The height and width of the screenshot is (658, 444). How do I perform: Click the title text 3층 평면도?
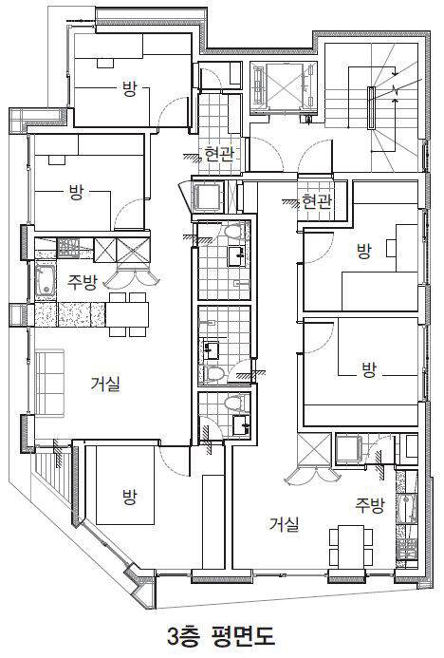pyautogui.click(x=221, y=636)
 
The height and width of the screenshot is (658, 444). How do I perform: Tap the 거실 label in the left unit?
pyautogui.click(x=105, y=384)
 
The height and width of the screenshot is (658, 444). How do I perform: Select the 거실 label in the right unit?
pyautogui.click(x=285, y=524)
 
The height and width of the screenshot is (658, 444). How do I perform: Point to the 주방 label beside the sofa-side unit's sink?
pyautogui.click(x=83, y=282)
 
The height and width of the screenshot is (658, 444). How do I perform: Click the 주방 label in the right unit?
pyautogui.click(x=370, y=506)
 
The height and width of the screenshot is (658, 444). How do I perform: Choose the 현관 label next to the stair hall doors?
pyautogui.click(x=317, y=202)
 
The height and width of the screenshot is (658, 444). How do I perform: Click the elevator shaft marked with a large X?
pyautogui.click(x=285, y=85)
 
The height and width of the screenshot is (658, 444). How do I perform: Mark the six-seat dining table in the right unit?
pyautogui.click(x=351, y=546)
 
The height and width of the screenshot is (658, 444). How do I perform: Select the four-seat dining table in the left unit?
pyautogui.click(x=127, y=314)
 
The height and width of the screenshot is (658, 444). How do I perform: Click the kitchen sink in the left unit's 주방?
pyautogui.click(x=45, y=280)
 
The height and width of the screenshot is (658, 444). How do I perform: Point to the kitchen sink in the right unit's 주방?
pyautogui.click(x=406, y=509)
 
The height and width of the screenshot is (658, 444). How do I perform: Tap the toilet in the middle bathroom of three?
pyautogui.click(x=213, y=373)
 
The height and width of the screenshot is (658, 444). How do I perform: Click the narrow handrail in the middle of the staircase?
pyautogui.click(x=371, y=107)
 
